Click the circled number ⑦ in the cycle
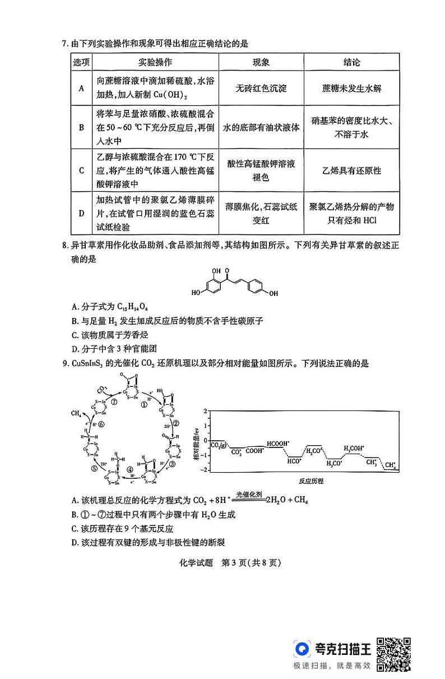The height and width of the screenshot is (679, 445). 113,402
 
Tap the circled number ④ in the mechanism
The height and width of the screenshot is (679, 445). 130,469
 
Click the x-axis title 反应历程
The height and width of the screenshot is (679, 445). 311,482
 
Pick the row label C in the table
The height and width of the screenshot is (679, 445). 81,170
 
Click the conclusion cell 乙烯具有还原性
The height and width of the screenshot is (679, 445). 351,170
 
